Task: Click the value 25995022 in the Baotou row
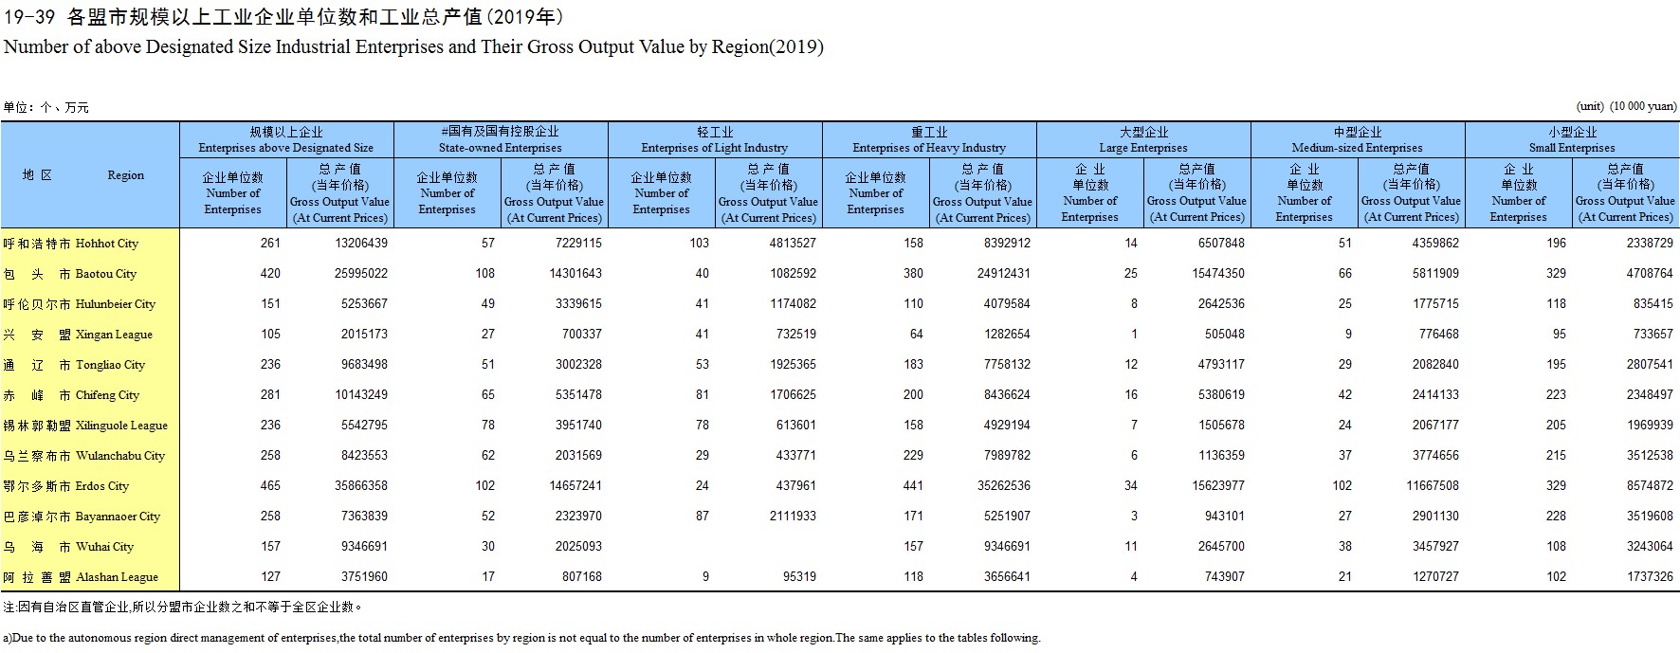361,274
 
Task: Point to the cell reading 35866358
361,486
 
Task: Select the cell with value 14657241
575,486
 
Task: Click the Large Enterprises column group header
1143,140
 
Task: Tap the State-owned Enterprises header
501,140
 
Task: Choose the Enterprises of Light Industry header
715,140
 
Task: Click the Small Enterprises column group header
1572,140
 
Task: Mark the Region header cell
89,175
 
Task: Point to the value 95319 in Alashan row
796,577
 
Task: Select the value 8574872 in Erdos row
1650,486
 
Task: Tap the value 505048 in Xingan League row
1225,335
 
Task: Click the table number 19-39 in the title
29,17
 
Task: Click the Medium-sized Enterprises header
1358,140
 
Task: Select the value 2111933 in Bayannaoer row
793,517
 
